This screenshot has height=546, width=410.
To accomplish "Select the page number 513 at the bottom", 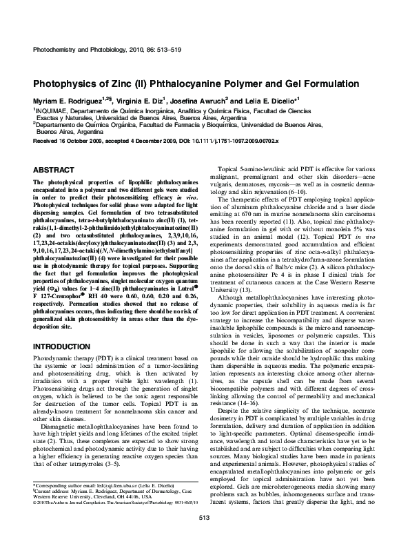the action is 204,517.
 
